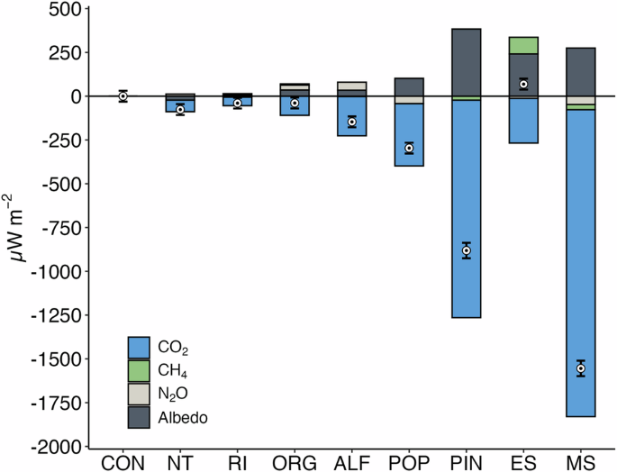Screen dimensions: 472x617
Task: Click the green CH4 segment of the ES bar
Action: point(523,45)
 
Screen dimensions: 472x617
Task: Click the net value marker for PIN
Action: point(467,250)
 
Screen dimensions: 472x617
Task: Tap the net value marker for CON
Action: point(123,96)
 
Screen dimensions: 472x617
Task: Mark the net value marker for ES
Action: point(523,84)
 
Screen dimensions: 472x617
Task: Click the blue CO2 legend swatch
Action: point(139,347)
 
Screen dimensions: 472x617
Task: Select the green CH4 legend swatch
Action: point(139,370)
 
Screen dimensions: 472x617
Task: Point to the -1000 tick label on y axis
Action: point(55,271)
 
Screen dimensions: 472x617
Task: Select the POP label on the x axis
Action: point(409,463)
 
